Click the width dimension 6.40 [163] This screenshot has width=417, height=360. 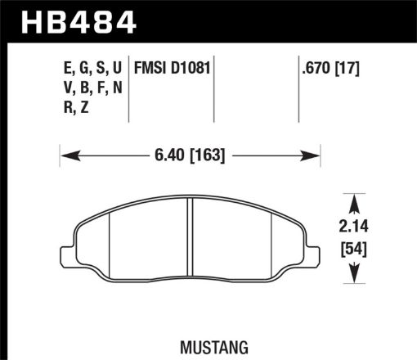[189, 154]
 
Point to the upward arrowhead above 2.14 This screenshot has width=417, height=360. [353, 200]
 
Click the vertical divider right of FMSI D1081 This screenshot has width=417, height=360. [214, 90]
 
